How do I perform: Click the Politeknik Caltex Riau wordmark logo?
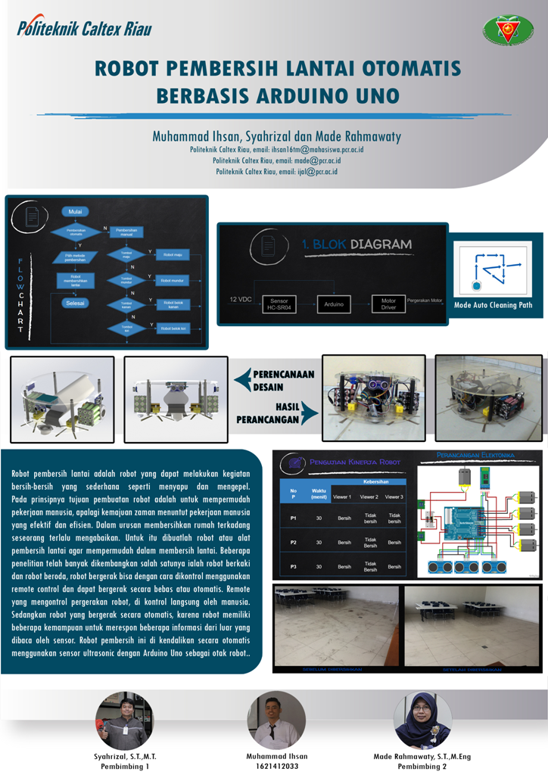point(84,29)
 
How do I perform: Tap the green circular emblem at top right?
point(508,30)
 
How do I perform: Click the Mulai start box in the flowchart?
point(75,211)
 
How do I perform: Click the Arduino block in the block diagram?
point(334,303)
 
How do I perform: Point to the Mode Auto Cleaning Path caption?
point(493,305)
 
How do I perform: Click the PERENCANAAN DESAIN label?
point(283,379)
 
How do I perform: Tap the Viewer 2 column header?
point(369,496)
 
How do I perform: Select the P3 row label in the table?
point(292,565)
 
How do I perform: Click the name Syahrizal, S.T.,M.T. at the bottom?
point(125,756)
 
